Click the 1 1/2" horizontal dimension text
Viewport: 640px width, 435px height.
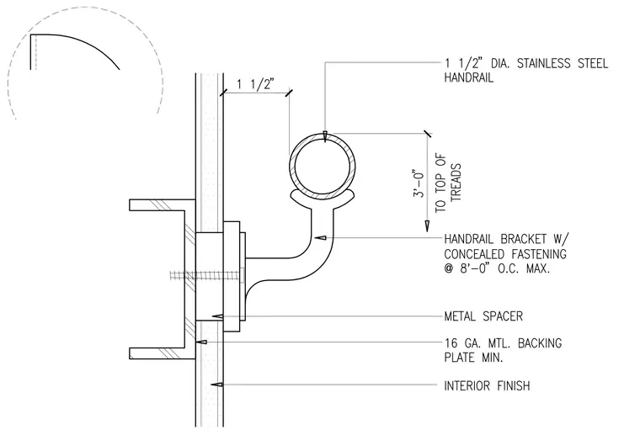pyautogui.click(x=255, y=84)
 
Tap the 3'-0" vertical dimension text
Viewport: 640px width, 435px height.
pyautogui.click(x=419, y=183)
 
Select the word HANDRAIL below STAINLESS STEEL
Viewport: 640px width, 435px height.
pyautogui.click(x=468, y=77)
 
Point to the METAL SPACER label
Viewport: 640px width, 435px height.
pyautogui.click(x=483, y=316)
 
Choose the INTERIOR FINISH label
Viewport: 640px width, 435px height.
pyautogui.click(x=487, y=385)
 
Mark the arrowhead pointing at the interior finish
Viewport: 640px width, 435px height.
pyautogui.click(x=216, y=384)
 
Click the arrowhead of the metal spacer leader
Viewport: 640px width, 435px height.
pyautogui.click(x=218, y=316)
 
